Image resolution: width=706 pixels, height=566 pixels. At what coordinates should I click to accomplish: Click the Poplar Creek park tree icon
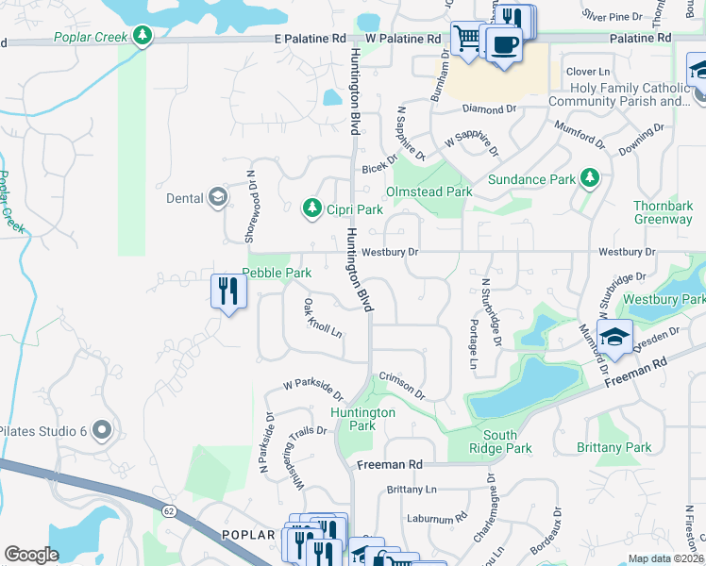pyautogui.click(x=143, y=36)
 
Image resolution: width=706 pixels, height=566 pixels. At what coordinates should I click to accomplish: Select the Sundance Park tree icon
pyautogui.click(x=590, y=177)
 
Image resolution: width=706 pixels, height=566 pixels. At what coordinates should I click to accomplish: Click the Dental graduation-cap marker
pyautogui.click(x=218, y=196)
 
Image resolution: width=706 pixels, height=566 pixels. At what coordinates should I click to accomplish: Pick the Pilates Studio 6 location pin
pyautogui.click(x=103, y=430)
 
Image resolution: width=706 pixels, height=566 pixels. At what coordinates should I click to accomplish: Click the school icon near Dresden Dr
pyautogui.click(x=614, y=338)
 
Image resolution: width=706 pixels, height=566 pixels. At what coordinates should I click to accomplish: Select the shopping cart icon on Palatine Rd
pyautogui.click(x=467, y=39)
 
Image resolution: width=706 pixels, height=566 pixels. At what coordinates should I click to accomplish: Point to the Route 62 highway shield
pyautogui.click(x=168, y=511)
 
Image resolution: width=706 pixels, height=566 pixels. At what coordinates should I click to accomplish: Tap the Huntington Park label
pyautogui.click(x=362, y=419)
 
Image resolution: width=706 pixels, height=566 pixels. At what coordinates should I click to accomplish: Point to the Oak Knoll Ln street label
pyautogui.click(x=322, y=319)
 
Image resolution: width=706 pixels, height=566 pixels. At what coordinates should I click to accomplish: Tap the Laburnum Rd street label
pyautogui.click(x=435, y=518)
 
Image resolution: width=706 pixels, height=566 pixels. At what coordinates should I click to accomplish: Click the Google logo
pyautogui.click(x=31, y=555)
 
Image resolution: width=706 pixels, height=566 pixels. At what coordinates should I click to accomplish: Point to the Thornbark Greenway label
pyautogui.click(x=663, y=212)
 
